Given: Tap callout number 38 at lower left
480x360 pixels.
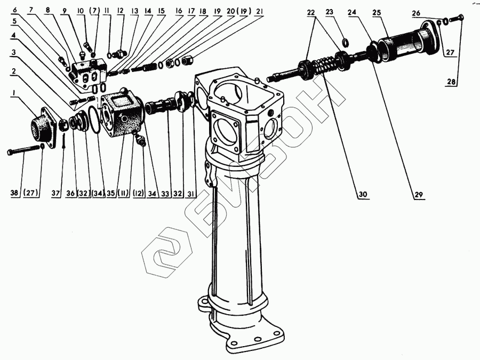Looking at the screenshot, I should tap(15, 193).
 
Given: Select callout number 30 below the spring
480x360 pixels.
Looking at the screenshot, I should tap(363, 194).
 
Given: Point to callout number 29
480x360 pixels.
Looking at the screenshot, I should tap(418, 194).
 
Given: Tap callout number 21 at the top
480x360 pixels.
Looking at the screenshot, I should tap(259, 11).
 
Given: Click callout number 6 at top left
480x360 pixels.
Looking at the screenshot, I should tap(14, 11).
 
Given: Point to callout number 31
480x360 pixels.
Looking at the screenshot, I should tap(191, 193).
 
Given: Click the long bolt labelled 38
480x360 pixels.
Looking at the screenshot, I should tap(24, 151).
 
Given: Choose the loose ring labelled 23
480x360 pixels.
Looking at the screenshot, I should tap(345, 43).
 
